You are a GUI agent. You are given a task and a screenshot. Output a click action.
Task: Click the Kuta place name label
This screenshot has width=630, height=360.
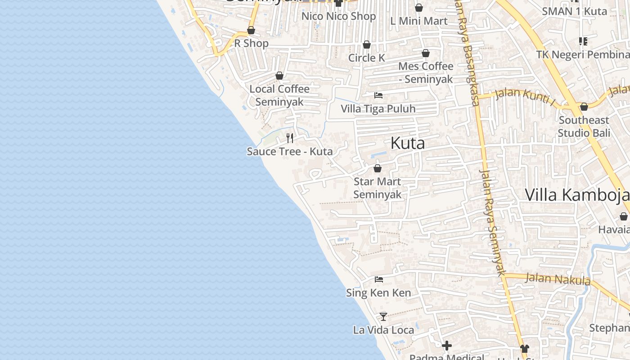(x=408, y=143)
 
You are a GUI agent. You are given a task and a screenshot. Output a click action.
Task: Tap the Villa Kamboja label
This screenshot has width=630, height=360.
(x=577, y=195)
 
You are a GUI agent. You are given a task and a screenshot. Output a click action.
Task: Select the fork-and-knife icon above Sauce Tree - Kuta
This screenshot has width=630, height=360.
(x=290, y=138)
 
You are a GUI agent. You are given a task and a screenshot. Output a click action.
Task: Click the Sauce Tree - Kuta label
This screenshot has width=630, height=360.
(x=290, y=151)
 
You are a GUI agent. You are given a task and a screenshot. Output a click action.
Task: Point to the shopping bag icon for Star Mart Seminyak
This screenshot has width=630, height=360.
(x=378, y=168)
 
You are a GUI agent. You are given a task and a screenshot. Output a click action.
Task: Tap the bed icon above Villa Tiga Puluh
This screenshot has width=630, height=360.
(x=378, y=95)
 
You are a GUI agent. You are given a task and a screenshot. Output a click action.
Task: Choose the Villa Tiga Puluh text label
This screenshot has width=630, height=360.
(x=378, y=108)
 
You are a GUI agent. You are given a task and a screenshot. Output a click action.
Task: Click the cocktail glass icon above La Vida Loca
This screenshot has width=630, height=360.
(x=383, y=317)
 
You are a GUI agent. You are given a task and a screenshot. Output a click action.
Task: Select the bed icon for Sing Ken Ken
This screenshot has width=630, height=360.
(x=379, y=279)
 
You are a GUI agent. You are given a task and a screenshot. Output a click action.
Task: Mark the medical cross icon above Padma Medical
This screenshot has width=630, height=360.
(x=446, y=346)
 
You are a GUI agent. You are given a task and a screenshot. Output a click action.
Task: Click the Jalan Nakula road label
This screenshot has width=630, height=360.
(x=558, y=279)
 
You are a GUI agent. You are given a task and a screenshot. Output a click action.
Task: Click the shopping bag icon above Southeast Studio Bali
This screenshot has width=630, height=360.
(x=584, y=107)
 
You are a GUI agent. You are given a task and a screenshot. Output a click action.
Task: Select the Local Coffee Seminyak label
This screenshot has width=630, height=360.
(x=279, y=95)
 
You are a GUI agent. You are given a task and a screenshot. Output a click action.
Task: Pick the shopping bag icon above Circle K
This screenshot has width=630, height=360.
(x=367, y=45)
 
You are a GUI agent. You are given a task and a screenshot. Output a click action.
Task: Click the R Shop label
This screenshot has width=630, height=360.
(x=251, y=43)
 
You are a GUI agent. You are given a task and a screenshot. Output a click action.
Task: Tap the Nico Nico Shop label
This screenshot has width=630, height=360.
(x=338, y=16)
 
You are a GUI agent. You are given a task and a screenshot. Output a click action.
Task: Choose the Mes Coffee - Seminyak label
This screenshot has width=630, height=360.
(x=426, y=72)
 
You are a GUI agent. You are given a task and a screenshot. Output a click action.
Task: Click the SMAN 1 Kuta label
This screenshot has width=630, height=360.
(x=574, y=11)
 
